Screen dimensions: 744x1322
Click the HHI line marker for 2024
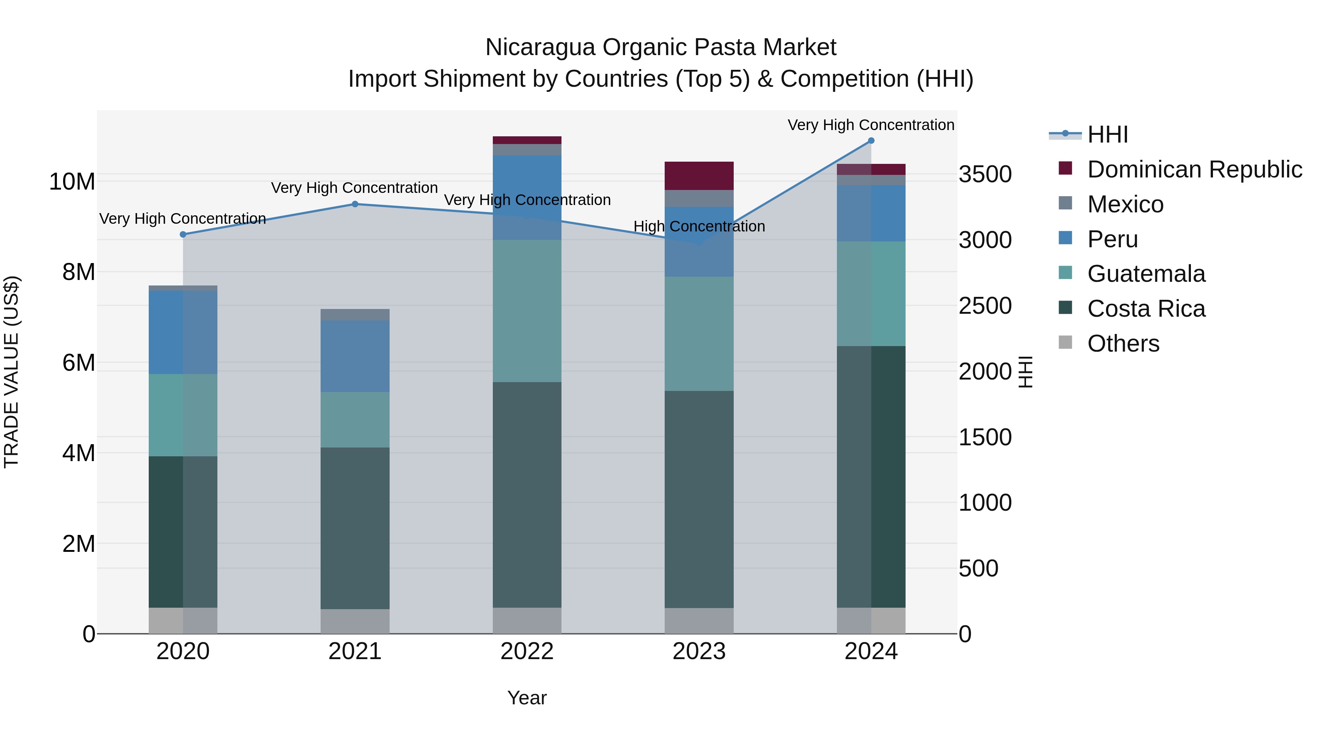[x=871, y=141]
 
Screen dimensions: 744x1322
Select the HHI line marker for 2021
[x=355, y=204]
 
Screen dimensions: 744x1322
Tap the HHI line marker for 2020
[x=183, y=234]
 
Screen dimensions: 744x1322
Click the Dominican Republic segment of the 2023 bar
[x=699, y=176]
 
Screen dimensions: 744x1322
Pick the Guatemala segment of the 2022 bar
[x=527, y=310]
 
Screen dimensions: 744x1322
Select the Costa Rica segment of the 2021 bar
[x=355, y=528]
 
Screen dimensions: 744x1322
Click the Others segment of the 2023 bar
[x=699, y=621]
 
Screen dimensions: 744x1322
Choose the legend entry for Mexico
[x=1125, y=204]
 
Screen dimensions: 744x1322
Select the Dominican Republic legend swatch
[x=1065, y=168]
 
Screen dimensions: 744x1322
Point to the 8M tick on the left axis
[x=79, y=272]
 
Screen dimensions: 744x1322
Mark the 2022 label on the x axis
[x=527, y=651]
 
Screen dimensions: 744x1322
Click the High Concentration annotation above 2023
[x=699, y=226]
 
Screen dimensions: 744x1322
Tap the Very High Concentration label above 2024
[x=871, y=125]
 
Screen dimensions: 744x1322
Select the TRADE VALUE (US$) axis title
[x=11, y=372]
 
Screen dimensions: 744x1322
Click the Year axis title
[x=527, y=698]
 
